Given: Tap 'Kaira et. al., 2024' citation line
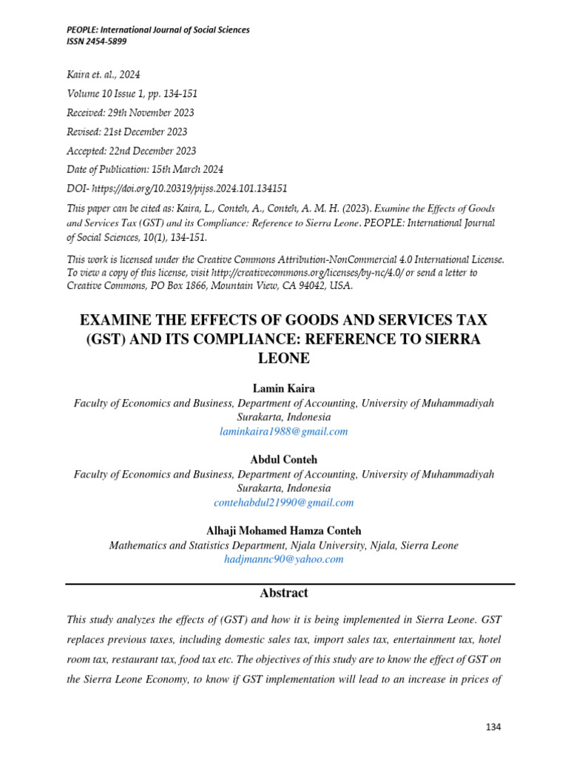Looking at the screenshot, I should [x=103, y=75].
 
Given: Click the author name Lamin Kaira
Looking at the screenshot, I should [x=283, y=389].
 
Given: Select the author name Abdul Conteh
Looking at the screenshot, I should [x=283, y=460].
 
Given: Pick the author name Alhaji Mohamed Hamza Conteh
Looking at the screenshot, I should [x=283, y=531].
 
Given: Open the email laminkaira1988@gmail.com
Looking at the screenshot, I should [x=283, y=432].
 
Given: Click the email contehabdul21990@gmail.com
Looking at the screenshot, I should [x=283, y=503].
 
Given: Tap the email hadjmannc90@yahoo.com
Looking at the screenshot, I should [x=283, y=560].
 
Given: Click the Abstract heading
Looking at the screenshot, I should [x=283, y=593].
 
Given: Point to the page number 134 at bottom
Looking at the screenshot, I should [x=493, y=727].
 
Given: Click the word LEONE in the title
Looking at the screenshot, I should [x=283, y=359].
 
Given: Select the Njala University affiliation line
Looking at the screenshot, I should [x=283, y=546].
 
